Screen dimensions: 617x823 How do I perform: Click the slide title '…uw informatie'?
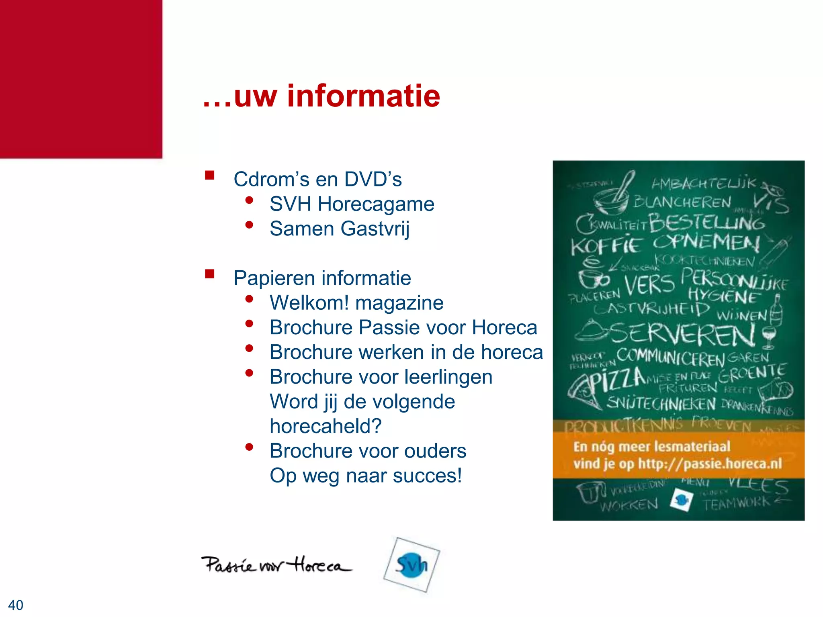(321, 96)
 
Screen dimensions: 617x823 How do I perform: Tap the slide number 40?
(16, 605)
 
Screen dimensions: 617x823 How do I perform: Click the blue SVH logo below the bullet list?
(411, 565)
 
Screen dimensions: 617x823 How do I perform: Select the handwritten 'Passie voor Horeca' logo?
(276, 565)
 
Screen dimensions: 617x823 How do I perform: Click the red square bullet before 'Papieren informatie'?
(209, 274)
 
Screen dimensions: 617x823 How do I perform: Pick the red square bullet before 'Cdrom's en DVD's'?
(209, 175)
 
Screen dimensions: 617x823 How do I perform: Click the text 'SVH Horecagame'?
(352, 204)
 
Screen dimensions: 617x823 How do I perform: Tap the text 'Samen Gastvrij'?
(340, 229)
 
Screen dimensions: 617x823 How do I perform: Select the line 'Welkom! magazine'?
(356, 303)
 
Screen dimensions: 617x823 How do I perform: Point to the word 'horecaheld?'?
(326, 426)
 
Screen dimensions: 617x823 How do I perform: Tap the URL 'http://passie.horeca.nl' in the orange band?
(710, 464)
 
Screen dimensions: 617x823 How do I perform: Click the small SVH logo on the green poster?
(682, 500)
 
